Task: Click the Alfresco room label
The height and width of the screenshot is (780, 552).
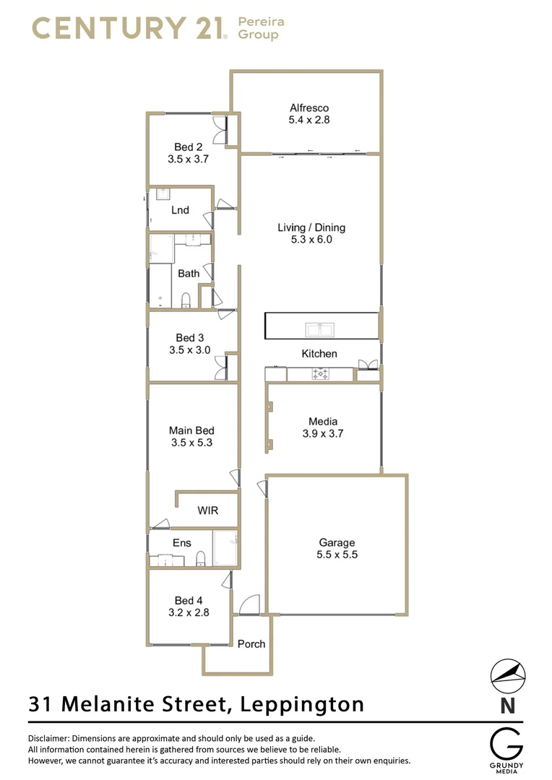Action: pyautogui.click(x=309, y=108)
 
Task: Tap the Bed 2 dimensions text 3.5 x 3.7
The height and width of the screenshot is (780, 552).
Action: pyautogui.click(x=188, y=159)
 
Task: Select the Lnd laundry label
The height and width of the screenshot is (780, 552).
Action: pyautogui.click(x=180, y=210)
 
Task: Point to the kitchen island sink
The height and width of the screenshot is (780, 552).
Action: pyautogui.click(x=319, y=330)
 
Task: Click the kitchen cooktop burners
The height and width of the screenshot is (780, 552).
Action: pyautogui.click(x=320, y=374)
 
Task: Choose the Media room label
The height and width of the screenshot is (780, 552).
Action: pyautogui.click(x=323, y=421)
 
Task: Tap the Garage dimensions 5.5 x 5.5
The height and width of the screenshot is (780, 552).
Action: pyautogui.click(x=337, y=555)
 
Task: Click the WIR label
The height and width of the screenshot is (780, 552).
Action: pyautogui.click(x=207, y=511)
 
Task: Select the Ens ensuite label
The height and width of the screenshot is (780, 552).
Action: pyautogui.click(x=181, y=542)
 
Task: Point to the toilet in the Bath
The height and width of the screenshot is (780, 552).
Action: pyautogui.click(x=186, y=299)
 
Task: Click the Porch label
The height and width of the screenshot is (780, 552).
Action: pyautogui.click(x=251, y=643)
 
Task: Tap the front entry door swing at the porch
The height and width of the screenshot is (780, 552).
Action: pyautogui.click(x=249, y=605)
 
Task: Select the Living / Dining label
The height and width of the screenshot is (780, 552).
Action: pyautogui.click(x=311, y=227)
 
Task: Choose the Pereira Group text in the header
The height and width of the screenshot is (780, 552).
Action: pyautogui.click(x=261, y=28)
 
